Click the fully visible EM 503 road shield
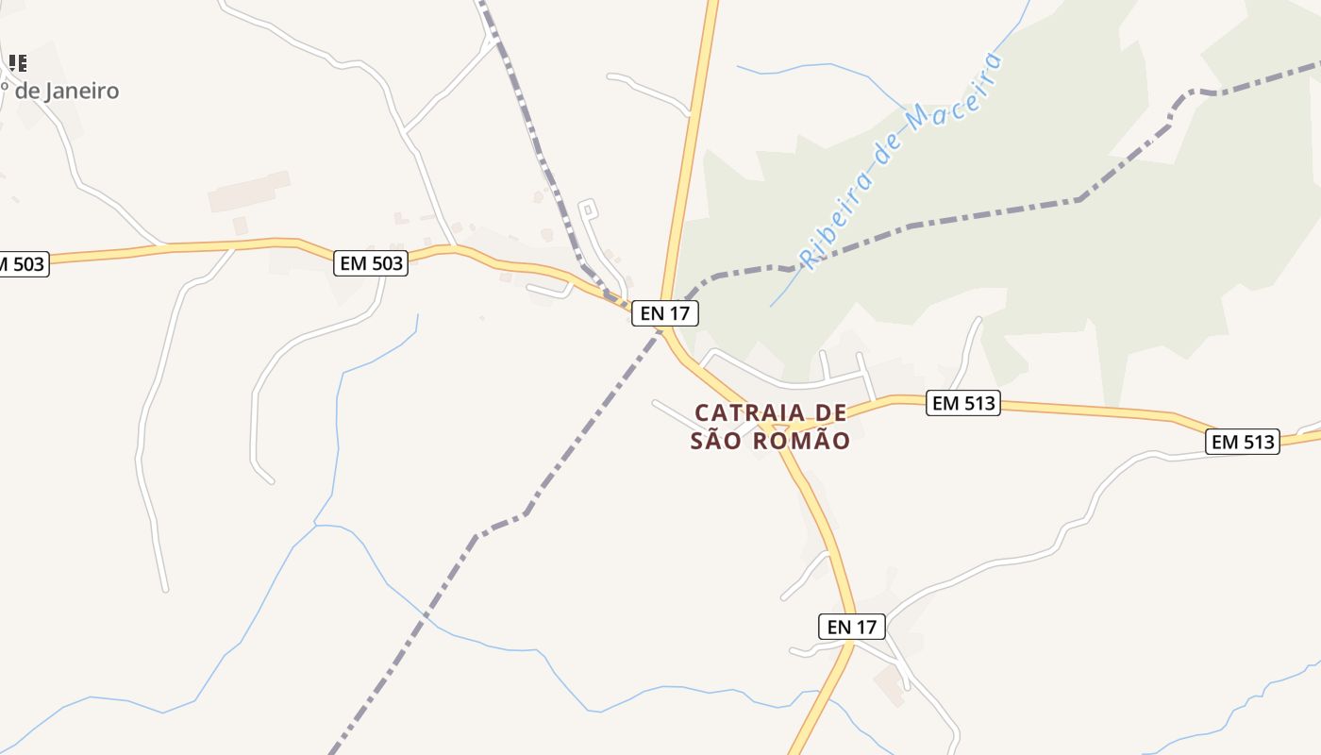point(371,263)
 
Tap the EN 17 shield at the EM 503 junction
point(665,313)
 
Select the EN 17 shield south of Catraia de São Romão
point(851,626)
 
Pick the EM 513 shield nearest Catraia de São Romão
point(962,403)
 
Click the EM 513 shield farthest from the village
point(1243,441)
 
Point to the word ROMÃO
point(802,441)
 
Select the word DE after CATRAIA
point(829,412)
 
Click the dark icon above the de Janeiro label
point(17,63)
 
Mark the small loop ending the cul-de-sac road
point(588,208)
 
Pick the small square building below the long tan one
point(240,226)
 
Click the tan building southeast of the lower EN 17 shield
point(889,685)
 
